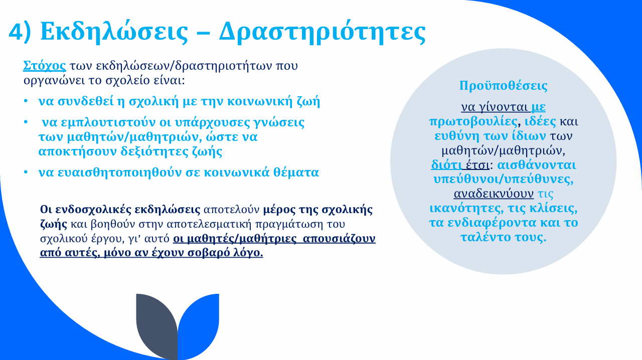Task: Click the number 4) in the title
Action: pos(20,32)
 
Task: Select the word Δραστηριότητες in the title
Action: pos(322,32)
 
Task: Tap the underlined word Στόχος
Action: pos(45,66)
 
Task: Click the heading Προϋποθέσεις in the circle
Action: pos(503,85)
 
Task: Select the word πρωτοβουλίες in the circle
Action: pos(473,121)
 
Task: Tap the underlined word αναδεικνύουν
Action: pos(494,194)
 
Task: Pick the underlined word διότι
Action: pos(446,165)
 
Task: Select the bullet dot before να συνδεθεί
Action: pos(26,101)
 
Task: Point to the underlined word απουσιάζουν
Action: pos(339,239)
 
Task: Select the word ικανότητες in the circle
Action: pos(466,208)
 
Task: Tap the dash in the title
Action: pos(204,33)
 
